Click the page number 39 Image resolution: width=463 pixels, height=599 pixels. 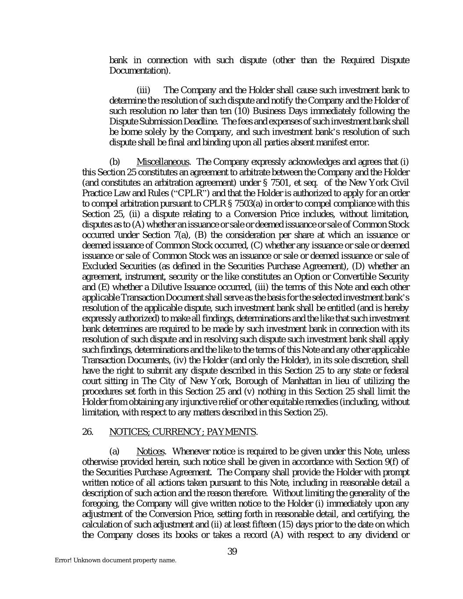click(x=232, y=552)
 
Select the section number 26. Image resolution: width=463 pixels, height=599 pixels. click(x=87, y=432)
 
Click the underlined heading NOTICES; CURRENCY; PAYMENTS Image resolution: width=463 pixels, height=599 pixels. click(x=182, y=432)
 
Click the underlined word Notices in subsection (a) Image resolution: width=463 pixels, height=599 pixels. click(x=151, y=452)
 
